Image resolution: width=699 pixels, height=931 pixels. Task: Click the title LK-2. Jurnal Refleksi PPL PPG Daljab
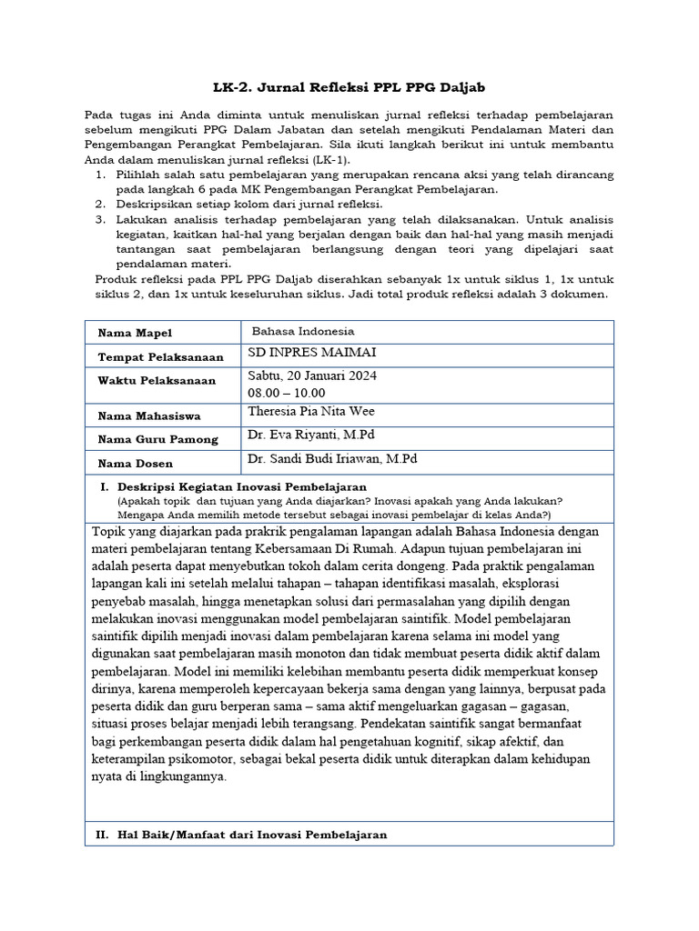coord(349,87)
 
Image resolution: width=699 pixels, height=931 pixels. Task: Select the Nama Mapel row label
coord(135,334)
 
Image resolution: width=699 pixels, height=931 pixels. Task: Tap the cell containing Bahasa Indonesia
coord(303,332)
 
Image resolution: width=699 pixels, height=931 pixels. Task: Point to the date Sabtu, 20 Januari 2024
coord(312,376)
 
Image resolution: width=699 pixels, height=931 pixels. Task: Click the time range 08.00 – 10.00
coord(286,393)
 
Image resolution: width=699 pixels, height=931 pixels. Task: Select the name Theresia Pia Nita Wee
coord(310,411)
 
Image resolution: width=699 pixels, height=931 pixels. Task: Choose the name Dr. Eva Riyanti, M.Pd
coord(305,435)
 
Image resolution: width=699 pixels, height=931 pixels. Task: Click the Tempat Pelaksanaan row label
coord(151,357)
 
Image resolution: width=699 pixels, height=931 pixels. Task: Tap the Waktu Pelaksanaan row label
coord(157,380)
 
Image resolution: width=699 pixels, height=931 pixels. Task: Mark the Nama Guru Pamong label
coord(158,439)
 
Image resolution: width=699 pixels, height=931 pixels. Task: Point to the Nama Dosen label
coord(136,464)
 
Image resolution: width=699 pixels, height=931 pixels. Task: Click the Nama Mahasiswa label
coord(149,416)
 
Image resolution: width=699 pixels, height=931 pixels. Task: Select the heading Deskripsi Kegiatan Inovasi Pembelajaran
coord(242,486)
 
